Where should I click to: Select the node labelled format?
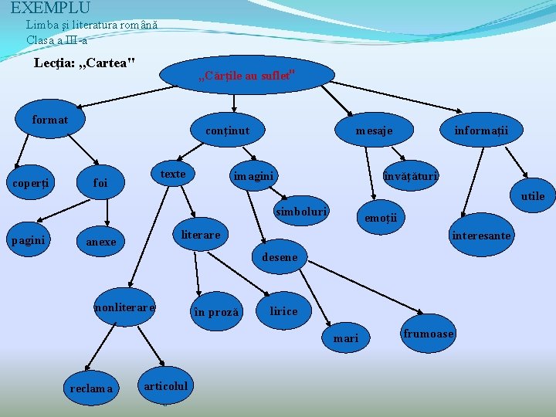tap(50, 120)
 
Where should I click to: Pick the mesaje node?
tap(374, 131)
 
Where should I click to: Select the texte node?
tap(173, 174)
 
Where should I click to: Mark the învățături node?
tap(411, 176)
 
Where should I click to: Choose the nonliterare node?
tap(124, 307)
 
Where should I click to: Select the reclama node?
tap(91, 388)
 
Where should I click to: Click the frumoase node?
tap(429, 334)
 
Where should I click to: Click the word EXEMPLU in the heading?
tap(50, 8)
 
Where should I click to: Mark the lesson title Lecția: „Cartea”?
tap(85, 62)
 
